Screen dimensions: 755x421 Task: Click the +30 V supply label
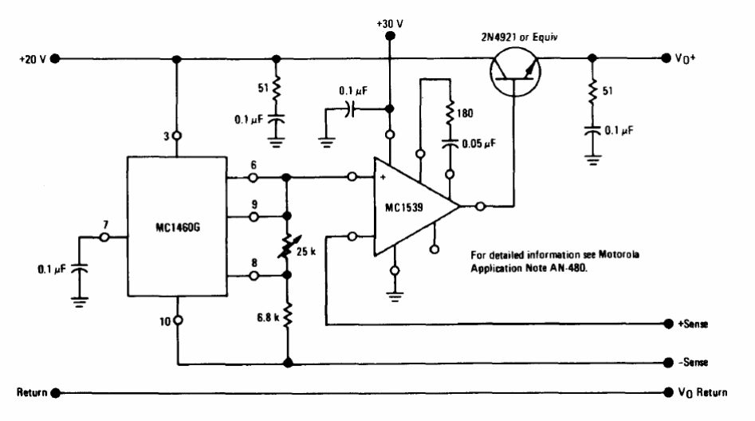tap(390, 24)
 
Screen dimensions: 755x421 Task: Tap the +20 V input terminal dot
tap(55, 59)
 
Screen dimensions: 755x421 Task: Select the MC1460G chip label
tap(177, 227)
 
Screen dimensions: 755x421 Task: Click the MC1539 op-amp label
tap(404, 207)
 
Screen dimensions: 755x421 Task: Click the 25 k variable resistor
tap(288, 246)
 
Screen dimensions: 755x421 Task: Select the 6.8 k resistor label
tap(268, 317)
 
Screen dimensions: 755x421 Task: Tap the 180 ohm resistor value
tap(465, 113)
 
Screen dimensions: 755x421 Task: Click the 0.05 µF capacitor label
tap(478, 144)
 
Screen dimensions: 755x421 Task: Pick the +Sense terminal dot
tap(668, 324)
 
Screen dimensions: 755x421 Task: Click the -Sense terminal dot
tap(668, 363)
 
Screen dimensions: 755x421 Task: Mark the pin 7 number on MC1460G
tap(105, 225)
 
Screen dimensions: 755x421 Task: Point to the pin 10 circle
tap(178, 321)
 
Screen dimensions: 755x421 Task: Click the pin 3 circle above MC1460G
tap(177, 136)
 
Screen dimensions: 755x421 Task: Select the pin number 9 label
tap(254, 205)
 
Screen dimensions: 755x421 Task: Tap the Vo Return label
tap(702, 393)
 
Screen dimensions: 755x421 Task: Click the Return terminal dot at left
tap(56, 393)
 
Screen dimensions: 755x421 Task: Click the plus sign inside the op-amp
tap(383, 177)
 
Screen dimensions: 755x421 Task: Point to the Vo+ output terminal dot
tap(666, 58)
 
